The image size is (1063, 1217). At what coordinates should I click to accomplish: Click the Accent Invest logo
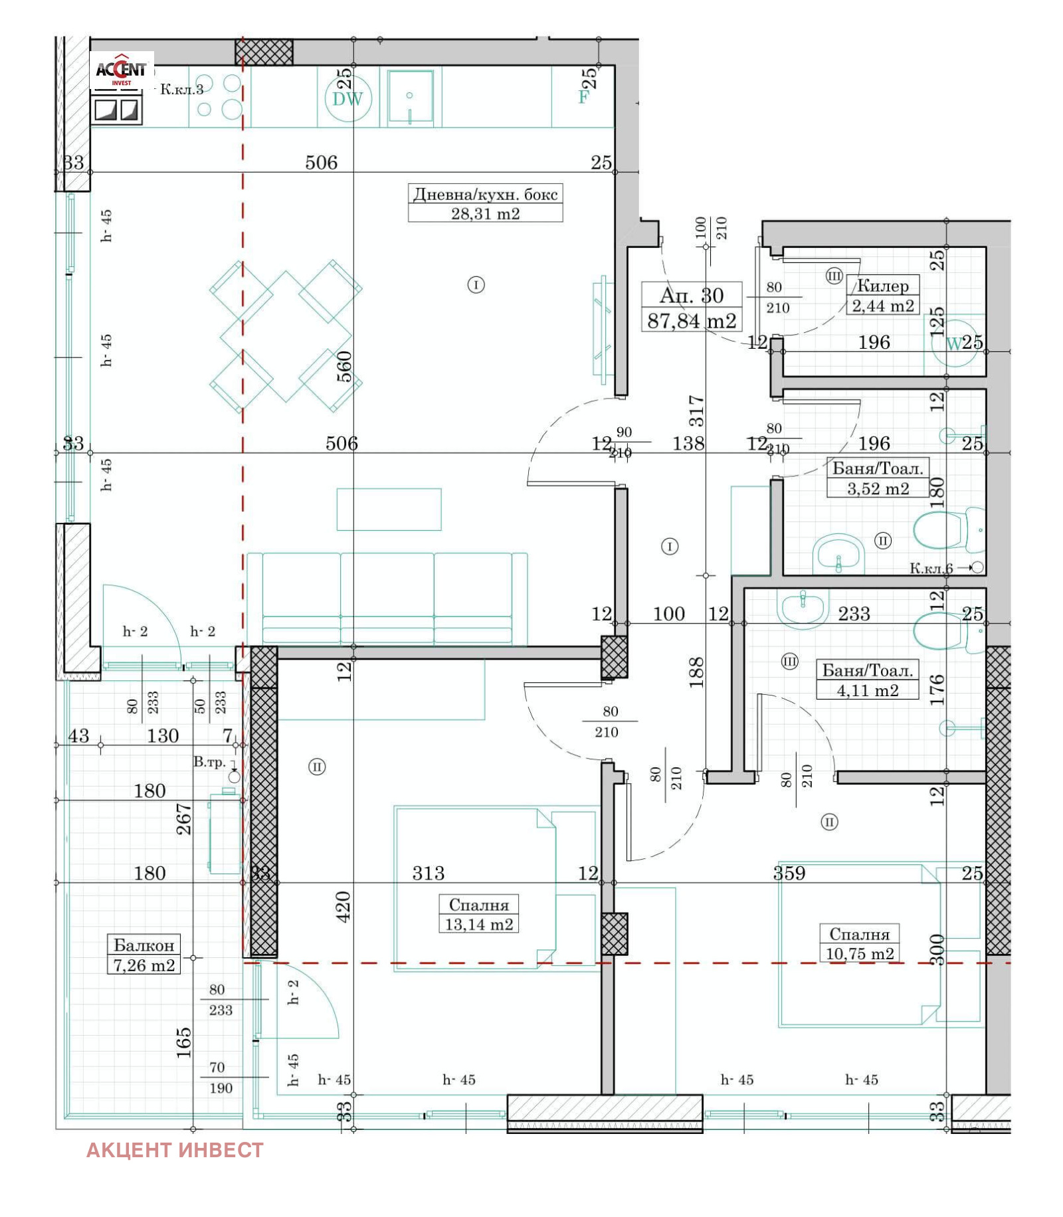pyautogui.click(x=122, y=70)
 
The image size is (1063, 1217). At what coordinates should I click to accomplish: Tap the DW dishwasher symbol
pyautogui.click(x=347, y=99)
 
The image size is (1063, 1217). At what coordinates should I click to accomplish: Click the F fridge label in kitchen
pyautogui.click(x=583, y=97)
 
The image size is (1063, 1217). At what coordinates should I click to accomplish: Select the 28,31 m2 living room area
pyautogui.click(x=485, y=213)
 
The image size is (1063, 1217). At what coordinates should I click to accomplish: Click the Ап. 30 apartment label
pyautogui.click(x=691, y=295)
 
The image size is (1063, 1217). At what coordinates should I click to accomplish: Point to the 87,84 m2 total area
pyautogui.click(x=692, y=321)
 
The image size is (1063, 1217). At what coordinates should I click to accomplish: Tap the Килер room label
pyautogui.click(x=882, y=286)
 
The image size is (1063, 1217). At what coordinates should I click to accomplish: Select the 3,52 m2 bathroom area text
pyautogui.click(x=878, y=488)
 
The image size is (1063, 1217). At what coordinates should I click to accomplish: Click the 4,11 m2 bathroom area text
pyautogui.click(x=867, y=690)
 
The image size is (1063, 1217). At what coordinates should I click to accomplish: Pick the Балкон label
pyautogui.click(x=144, y=945)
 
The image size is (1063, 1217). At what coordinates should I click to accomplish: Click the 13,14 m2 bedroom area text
pyautogui.click(x=478, y=924)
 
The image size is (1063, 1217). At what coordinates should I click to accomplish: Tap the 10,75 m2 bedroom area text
pyautogui.click(x=859, y=954)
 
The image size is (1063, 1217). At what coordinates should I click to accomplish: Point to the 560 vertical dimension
pyautogui.click(x=344, y=366)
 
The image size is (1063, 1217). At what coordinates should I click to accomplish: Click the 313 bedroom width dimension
pyautogui.click(x=428, y=873)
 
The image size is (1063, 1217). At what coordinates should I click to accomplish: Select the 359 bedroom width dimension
pyautogui.click(x=789, y=873)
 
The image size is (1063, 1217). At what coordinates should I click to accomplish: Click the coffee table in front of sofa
pyautogui.click(x=389, y=510)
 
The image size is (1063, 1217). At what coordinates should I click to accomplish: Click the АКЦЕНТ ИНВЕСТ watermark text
pyautogui.click(x=175, y=1150)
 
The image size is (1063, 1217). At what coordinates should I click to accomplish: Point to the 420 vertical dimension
pyautogui.click(x=343, y=906)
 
